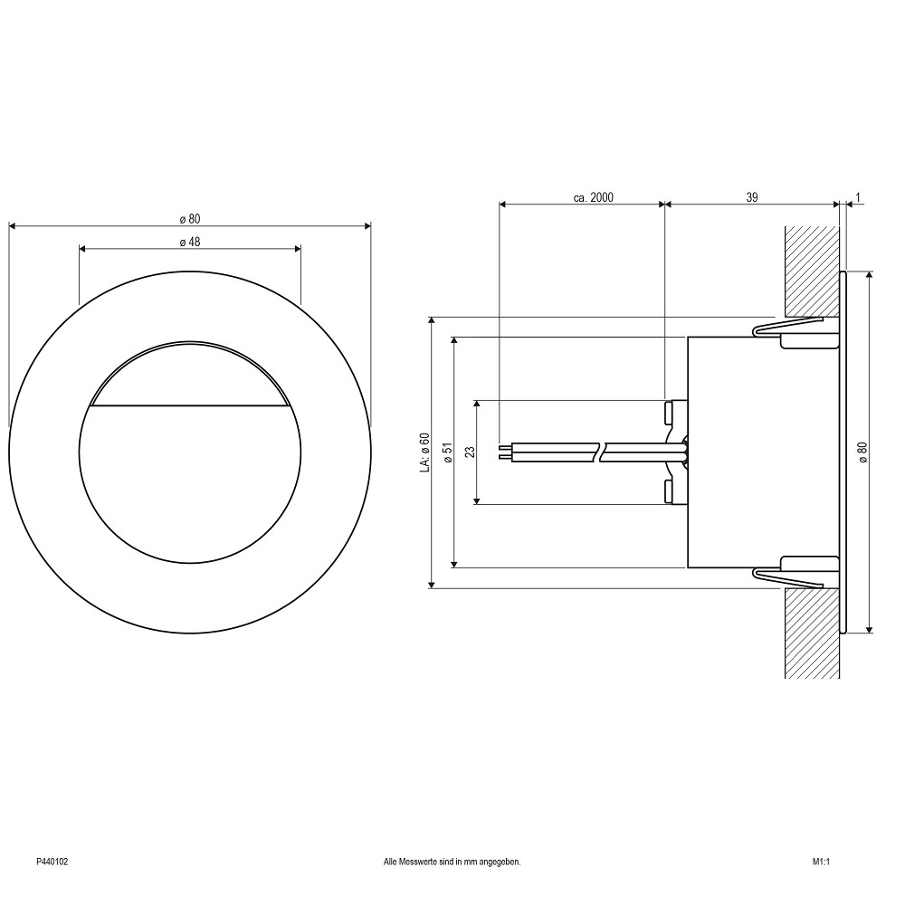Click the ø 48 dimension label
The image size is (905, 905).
click(x=190, y=242)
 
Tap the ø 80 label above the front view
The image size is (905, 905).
click(x=190, y=219)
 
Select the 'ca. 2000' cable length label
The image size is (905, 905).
click(x=594, y=197)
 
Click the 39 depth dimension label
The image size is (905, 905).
click(x=751, y=197)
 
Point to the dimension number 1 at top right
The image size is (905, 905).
click(x=858, y=197)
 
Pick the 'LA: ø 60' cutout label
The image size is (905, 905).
click(x=425, y=452)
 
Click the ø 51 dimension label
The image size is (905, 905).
click(x=448, y=452)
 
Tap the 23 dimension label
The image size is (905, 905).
click(x=470, y=452)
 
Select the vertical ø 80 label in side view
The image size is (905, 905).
click(x=862, y=452)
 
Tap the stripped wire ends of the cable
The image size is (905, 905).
click(x=505, y=452)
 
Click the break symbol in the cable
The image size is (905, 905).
click(x=600, y=452)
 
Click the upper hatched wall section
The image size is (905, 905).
click(x=812, y=271)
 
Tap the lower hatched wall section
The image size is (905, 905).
click(x=812, y=633)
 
